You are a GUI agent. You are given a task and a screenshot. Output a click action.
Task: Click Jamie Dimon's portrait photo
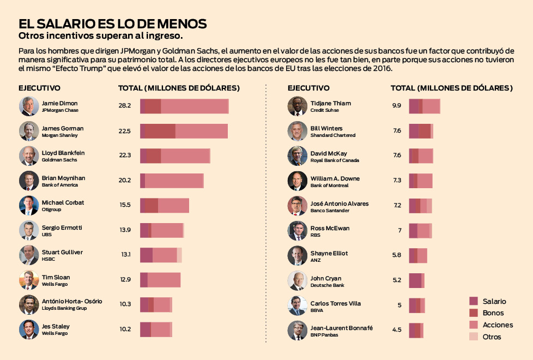click(29, 106)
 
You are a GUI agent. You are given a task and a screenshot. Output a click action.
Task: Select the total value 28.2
click(125, 106)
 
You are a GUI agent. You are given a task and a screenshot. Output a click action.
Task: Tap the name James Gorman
click(63, 128)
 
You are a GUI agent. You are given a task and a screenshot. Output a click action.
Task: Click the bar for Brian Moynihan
click(172, 181)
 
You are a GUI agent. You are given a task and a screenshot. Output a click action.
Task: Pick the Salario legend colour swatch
click(474, 301)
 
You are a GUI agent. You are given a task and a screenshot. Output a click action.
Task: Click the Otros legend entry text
click(492, 337)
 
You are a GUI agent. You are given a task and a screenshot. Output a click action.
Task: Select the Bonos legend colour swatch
click(474, 313)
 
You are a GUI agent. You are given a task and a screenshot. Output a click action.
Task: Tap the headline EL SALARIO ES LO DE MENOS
click(112, 24)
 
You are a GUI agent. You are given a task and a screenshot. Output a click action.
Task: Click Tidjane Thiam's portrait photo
click(298, 106)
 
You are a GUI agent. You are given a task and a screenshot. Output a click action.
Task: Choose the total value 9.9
click(397, 106)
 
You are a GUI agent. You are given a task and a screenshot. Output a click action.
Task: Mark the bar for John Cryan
click(416, 280)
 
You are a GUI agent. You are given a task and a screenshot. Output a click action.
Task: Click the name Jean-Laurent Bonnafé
click(341, 328)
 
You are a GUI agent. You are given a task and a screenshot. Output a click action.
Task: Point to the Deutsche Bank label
click(327, 285)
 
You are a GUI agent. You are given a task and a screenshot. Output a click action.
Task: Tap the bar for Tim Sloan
click(160, 280)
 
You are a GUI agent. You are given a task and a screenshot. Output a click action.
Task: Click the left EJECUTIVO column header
click(39, 88)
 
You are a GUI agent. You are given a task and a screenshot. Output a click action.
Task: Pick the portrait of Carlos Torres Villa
click(298, 305)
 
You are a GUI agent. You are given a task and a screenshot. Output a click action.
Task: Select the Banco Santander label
click(330, 211)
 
